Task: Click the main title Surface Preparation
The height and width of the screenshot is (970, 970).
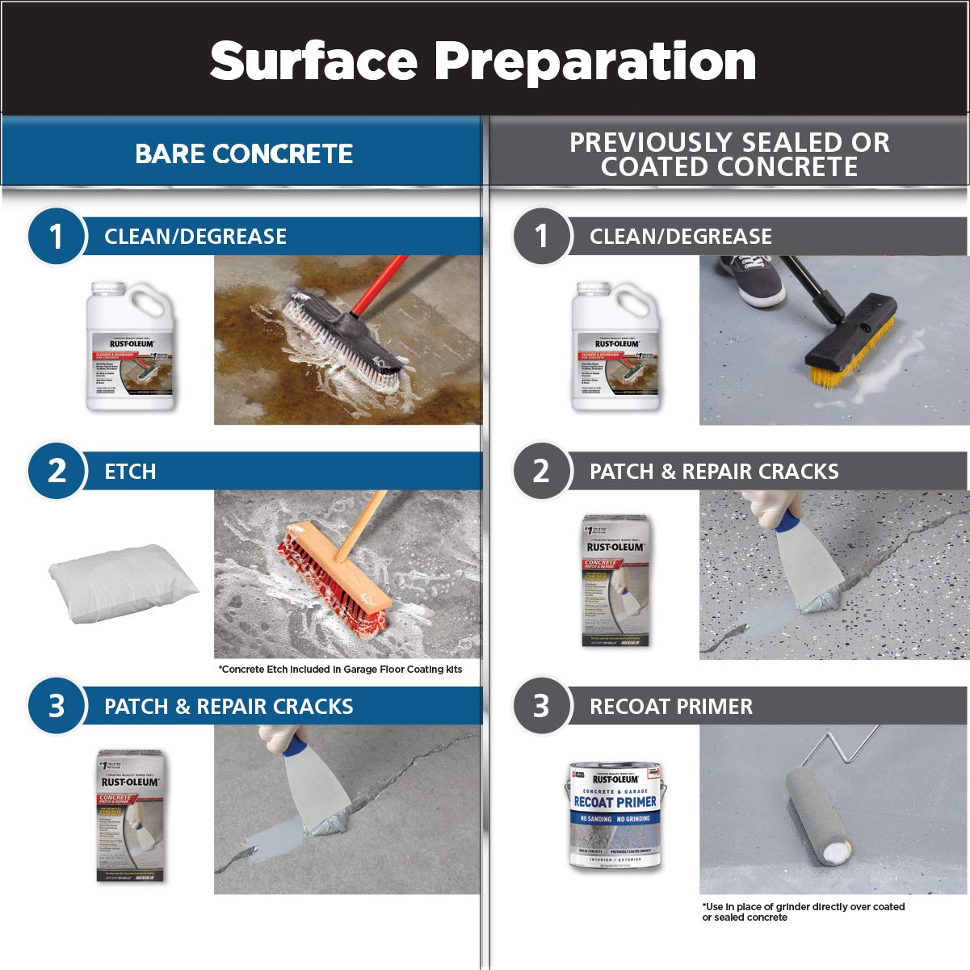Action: [483, 61]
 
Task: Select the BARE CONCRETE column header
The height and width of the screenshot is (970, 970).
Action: [243, 153]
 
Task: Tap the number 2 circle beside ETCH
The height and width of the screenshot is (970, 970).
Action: [56, 471]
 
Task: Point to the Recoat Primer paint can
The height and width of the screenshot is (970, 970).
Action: [614, 816]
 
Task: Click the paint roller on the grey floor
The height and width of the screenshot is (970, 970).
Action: [816, 816]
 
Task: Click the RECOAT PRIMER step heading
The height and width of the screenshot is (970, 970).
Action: [670, 707]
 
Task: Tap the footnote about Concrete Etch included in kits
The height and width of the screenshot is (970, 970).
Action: [340, 670]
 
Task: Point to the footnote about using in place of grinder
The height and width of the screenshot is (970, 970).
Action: [803, 912]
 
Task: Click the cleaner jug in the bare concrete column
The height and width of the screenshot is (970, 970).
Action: [130, 347]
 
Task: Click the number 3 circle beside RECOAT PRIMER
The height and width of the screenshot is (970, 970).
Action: [541, 706]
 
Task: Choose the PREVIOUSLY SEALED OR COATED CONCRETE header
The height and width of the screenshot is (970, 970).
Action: [729, 153]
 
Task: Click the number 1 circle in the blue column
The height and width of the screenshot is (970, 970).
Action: [56, 237]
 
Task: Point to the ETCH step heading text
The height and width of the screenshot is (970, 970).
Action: [130, 472]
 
